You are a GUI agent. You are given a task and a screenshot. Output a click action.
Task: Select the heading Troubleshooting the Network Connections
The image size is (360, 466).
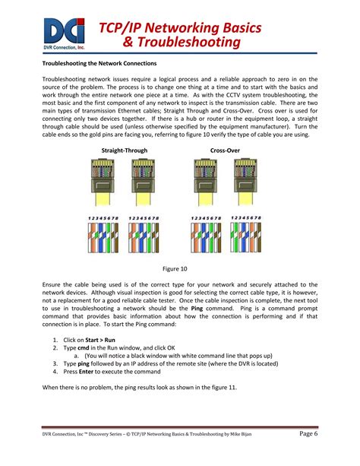point(99,63)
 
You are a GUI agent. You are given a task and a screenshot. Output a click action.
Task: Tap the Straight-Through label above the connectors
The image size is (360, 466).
point(122,151)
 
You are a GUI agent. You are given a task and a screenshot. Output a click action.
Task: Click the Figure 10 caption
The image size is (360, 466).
point(180,268)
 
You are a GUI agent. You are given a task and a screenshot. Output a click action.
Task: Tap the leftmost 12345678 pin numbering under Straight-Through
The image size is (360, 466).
point(103,217)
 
